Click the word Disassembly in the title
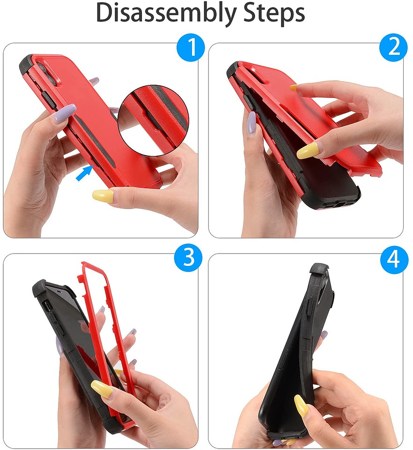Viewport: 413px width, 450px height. [167, 14]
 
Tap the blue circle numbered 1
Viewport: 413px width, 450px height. [191, 47]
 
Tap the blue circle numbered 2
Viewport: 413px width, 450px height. [393, 47]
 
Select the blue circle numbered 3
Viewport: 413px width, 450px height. [189, 257]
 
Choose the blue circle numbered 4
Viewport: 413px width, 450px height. [394, 260]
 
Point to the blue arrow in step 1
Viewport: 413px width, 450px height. [85, 173]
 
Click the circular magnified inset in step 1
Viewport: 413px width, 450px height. [153, 120]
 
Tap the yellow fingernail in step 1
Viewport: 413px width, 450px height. [103, 196]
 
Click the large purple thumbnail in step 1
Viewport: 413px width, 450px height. [63, 113]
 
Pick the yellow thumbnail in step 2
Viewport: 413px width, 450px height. [308, 150]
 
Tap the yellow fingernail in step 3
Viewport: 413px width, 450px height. [102, 389]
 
